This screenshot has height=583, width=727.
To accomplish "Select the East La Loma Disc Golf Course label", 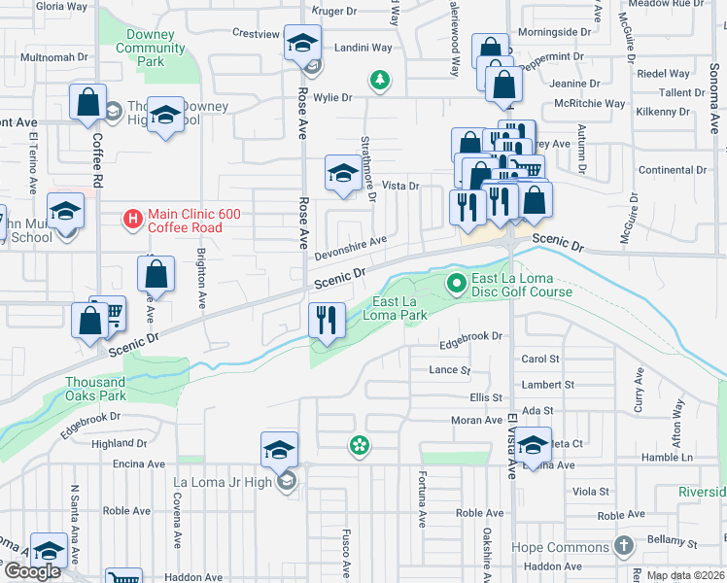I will click(x=521, y=285).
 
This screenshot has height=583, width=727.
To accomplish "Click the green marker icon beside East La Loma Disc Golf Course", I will click(x=455, y=284).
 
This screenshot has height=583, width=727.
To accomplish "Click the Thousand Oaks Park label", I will click(x=96, y=389).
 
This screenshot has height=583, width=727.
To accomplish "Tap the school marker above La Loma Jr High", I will click(x=279, y=450).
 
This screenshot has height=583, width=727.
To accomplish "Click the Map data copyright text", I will click(x=685, y=575).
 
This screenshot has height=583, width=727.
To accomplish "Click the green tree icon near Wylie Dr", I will click(x=380, y=80).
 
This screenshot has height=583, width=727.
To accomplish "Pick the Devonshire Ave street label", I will click(x=350, y=248).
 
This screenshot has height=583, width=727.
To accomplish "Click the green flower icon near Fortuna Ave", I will click(x=359, y=445).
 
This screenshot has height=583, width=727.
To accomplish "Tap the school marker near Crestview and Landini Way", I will click(x=302, y=43).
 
